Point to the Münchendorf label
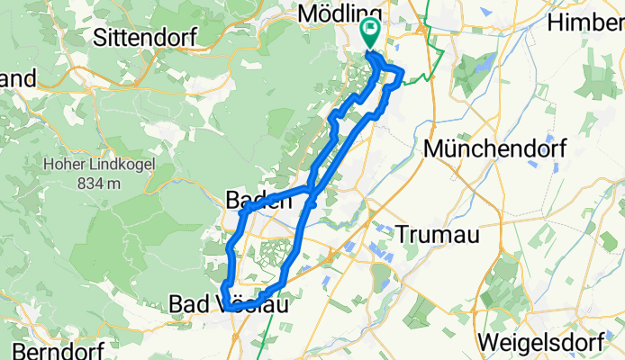pyautogui.click(x=499, y=149)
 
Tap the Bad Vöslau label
pyautogui.click(x=229, y=306)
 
